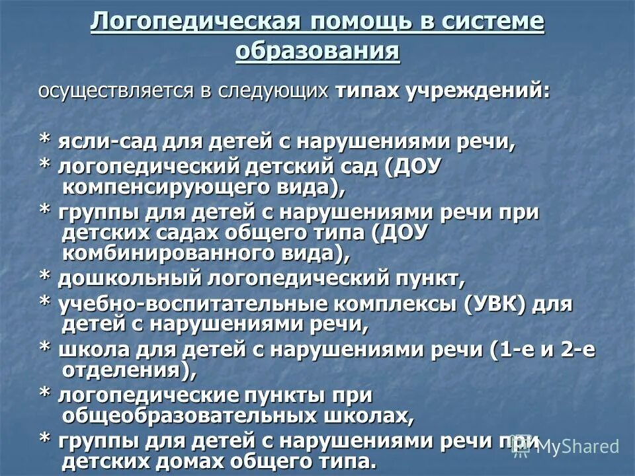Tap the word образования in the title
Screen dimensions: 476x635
click(317, 51)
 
